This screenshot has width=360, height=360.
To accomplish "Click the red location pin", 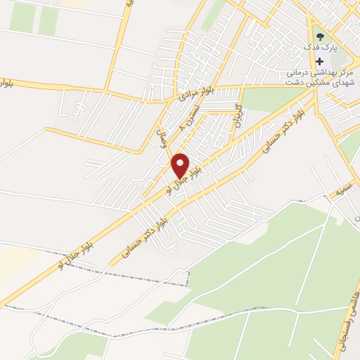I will (x=181, y=166).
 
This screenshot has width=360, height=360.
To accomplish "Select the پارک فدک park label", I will (x=321, y=47).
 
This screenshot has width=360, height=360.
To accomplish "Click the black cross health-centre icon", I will (x=320, y=61).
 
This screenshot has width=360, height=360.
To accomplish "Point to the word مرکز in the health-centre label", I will (x=345, y=72).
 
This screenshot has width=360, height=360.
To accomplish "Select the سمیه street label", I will (x=342, y=189).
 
